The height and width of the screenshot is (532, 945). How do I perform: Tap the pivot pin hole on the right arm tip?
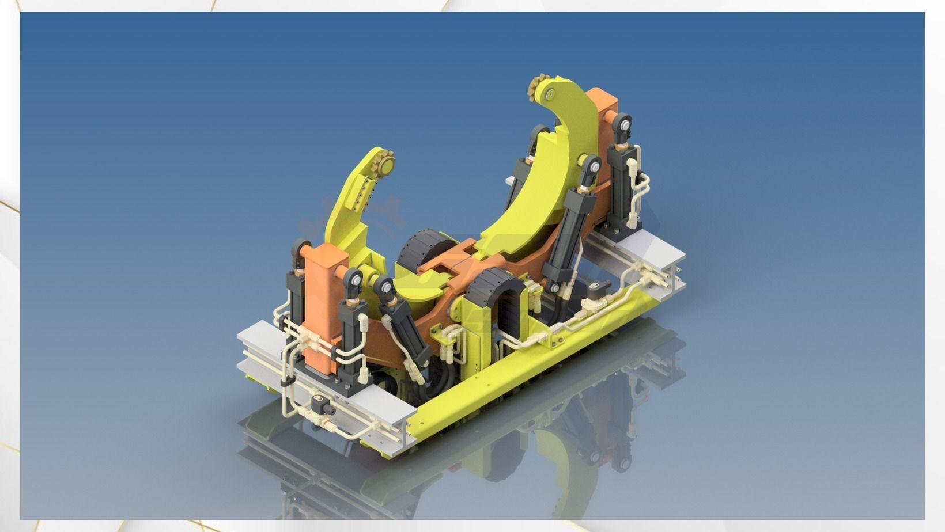552,94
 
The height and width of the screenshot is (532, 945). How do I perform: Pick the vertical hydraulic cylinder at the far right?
622,184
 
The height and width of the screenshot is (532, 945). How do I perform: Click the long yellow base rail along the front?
519,368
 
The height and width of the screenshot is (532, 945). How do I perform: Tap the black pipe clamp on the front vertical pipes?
285,382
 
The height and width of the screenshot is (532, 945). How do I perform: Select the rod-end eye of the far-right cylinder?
623,123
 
